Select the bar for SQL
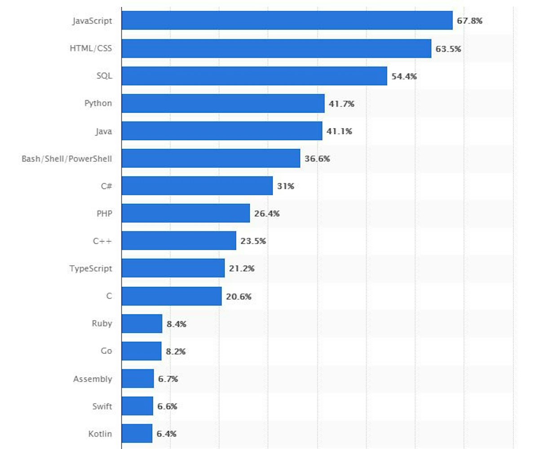click(x=254, y=76)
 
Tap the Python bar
click(x=223, y=103)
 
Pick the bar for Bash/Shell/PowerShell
click(x=211, y=158)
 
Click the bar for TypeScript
click(x=173, y=268)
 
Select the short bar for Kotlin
click(x=137, y=433)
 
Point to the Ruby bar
click(x=141, y=323)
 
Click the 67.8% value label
click(x=469, y=21)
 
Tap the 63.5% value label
click(x=448, y=48)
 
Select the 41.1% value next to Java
click(x=339, y=132)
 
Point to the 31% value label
click(x=285, y=186)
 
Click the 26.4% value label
click(x=267, y=214)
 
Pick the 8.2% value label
click(x=176, y=352)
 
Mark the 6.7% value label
click(x=168, y=379)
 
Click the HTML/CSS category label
click(x=91, y=48)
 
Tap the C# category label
click(x=106, y=186)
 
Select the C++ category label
click(x=102, y=241)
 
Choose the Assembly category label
click(x=93, y=379)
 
